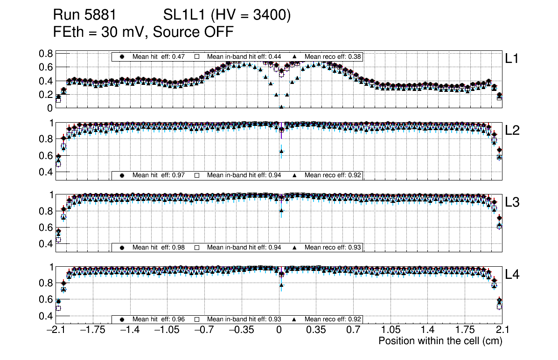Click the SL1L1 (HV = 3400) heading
pyautogui.click(x=227, y=15)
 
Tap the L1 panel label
pyautogui.click(x=512, y=59)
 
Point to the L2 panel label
pyautogui.click(x=512, y=131)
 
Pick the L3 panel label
pyautogui.click(x=512, y=202)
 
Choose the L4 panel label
pyautogui.click(x=512, y=274)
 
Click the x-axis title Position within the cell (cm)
pyautogui.click(x=440, y=341)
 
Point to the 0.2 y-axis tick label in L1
pyautogui.click(x=46, y=95)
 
